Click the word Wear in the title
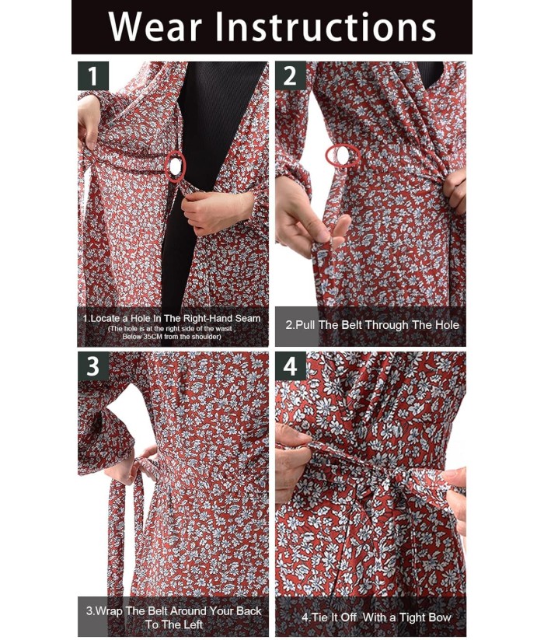155,27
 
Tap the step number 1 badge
93,76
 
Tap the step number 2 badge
291,76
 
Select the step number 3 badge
93,366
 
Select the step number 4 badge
291,366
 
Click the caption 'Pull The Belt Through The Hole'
372,325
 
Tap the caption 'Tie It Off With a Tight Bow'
376,617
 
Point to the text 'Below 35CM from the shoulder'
172,337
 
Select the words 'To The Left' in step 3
174,624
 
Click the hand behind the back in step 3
130,465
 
